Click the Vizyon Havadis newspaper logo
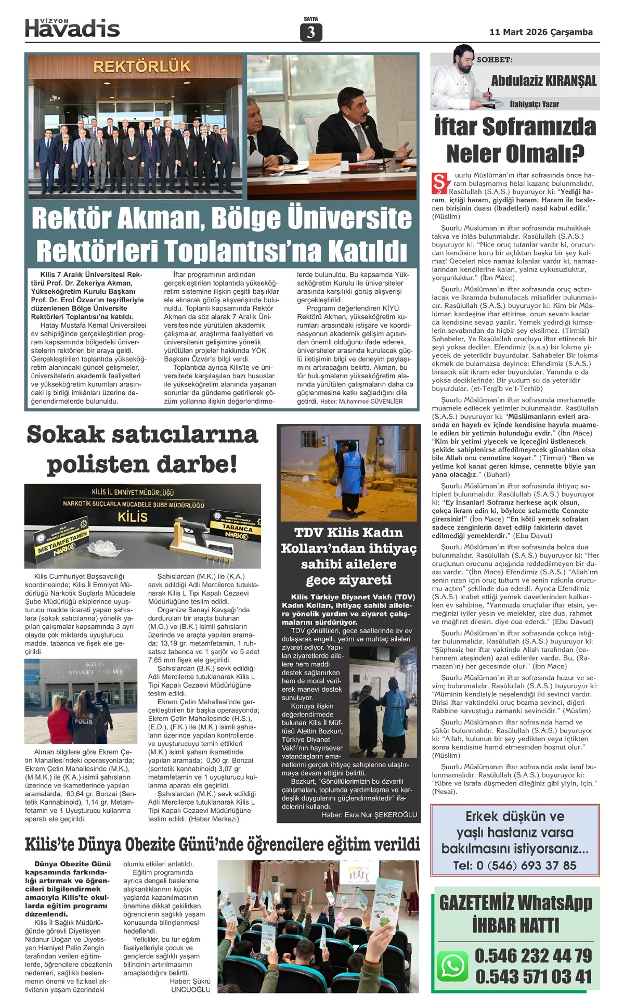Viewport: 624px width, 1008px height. [72, 28]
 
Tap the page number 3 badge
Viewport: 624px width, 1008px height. [311, 32]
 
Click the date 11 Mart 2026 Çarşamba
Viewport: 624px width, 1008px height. [541, 32]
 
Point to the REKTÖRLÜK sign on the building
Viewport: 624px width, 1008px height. [142, 67]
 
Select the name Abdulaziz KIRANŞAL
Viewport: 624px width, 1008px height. [543, 81]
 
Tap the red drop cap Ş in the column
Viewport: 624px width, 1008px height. [440, 183]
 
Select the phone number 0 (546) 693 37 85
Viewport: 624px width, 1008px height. [515, 865]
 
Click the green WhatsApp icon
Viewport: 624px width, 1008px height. [452, 966]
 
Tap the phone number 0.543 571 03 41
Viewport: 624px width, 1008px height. [533, 976]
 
